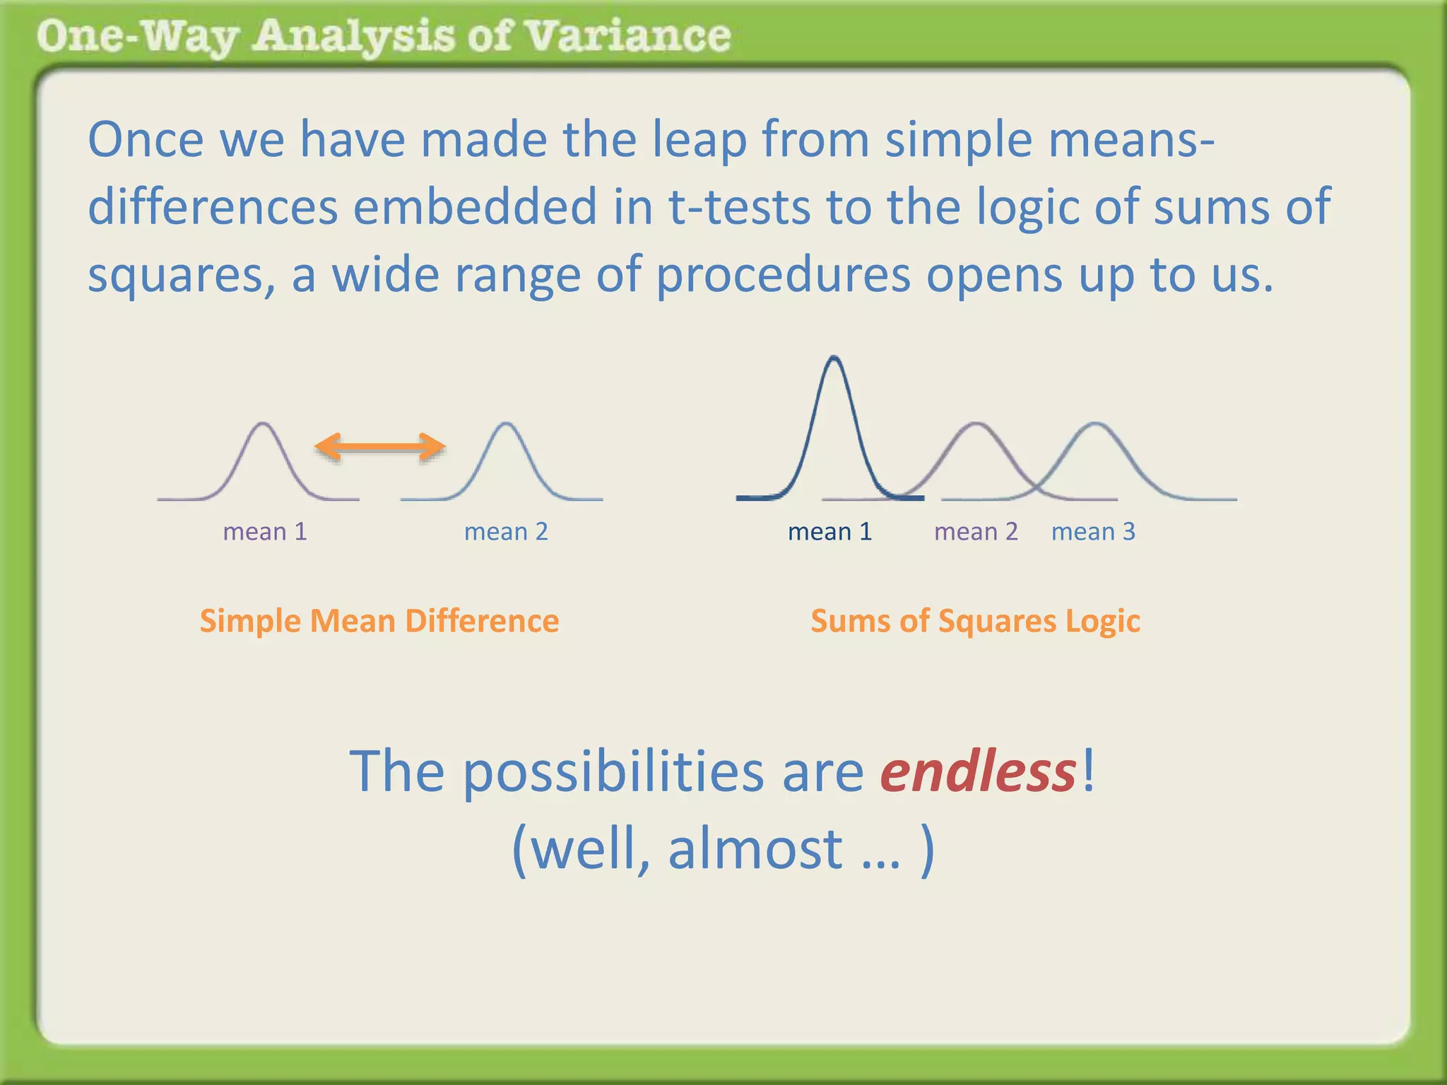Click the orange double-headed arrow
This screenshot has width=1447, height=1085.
pyautogui.click(x=379, y=446)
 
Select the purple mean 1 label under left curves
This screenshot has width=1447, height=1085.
pyautogui.click(x=265, y=531)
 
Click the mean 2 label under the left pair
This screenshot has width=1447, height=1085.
pyautogui.click(x=506, y=531)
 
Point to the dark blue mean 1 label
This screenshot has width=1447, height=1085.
pyautogui.click(x=829, y=531)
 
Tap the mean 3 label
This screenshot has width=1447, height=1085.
pyautogui.click(x=1093, y=531)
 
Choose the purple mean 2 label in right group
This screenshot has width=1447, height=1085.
pyautogui.click(x=976, y=531)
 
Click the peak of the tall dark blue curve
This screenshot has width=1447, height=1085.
pyautogui.click(x=834, y=358)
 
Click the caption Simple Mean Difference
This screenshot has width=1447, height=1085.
pyautogui.click(x=379, y=621)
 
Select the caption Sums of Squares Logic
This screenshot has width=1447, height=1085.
pyautogui.click(x=975, y=621)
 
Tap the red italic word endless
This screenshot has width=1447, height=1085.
pyautogui.click(x=978, y=771)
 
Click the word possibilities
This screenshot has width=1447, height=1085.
pyautogui.click(x=613, y=771)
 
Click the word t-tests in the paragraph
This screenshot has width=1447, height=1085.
pyautogui.click(x=739, y=207)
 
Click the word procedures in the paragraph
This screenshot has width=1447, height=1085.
pyautogui.click(x=784, y=275)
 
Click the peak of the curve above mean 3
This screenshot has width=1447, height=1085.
pyautogui.click(x=1095, y=424)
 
